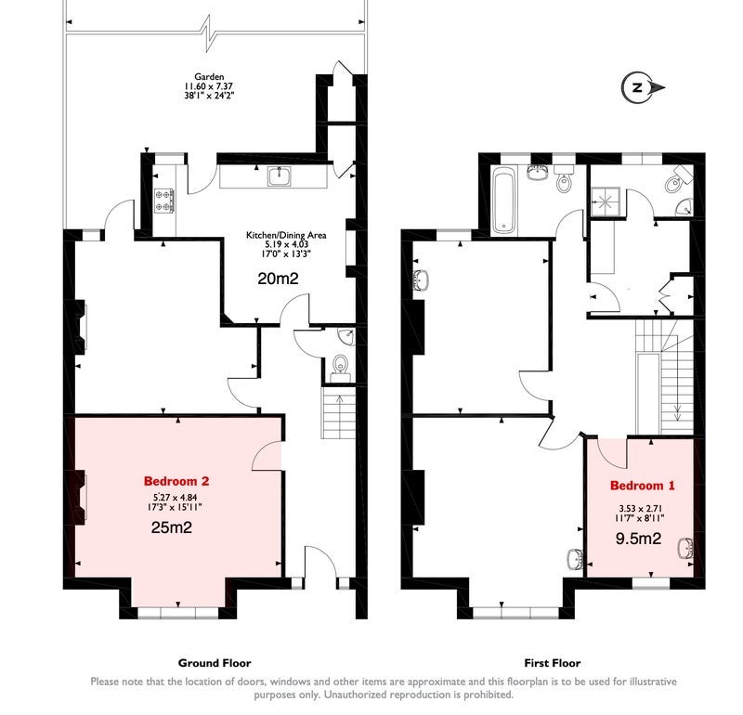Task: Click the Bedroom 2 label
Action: click(x=176, y=481)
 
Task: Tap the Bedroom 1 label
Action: click(x=642, y=486)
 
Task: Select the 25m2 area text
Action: click(x=172, y=527)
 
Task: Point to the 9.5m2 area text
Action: click(x=638, y=539)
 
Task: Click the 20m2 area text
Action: click(x=278, y=279)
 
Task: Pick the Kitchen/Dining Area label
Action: click(x=286, y=235)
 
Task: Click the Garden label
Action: click(x=209, y=76)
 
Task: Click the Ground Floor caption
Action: click(x=215, y=663)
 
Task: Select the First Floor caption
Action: click(x=553, y=663)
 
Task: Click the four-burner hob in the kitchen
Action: click(x=164, y=201)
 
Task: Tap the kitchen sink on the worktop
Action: click(x=280, y=176)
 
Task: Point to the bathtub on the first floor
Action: click(x=503, y=201)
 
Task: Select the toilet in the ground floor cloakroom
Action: click(x=340, y=367)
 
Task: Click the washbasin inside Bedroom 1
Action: click(x=685, y=549)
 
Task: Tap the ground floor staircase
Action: click(x=338, y=412)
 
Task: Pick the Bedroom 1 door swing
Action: click(x=612, y=453)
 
